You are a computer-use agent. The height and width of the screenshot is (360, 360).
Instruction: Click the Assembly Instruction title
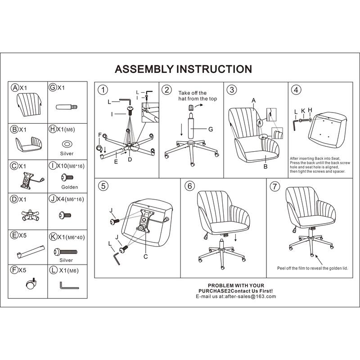pyautogui.click(x=183, y=69)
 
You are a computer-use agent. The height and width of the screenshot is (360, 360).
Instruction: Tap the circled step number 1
pyautogui.click(x=103, y=90)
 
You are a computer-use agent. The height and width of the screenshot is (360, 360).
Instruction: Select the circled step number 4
pyautogui.click(x=296, y=90)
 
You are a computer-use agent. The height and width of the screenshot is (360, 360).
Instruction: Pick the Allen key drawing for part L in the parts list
pyautogui.click(x=68, y=285)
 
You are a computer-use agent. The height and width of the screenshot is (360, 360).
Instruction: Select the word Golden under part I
pyautogui.click(x=69, y=187)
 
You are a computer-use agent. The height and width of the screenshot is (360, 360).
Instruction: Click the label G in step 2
pyautogui.click(x=210, y=129)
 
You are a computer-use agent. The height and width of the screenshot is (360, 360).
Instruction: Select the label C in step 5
pyautogui.click(x=145, y=256)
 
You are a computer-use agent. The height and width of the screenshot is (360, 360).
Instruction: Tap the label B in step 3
pyautogui.click(x=265, y=166)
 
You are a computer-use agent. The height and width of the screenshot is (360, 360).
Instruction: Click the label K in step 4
pyautogui.click(x=303, y=110)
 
